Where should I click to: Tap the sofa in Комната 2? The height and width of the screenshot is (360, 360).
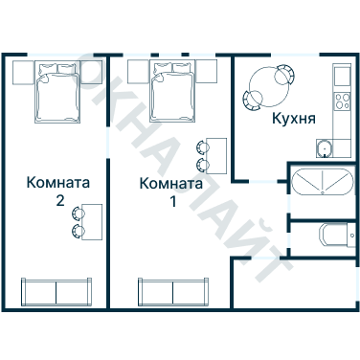pos(56,290)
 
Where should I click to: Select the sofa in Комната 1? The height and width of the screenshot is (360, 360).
pos(173,290)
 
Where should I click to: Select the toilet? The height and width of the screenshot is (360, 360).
pos(333,236)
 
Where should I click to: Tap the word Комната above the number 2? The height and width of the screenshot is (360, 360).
pos(59,183)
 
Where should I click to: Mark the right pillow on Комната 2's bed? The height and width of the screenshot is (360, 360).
pos(68,70)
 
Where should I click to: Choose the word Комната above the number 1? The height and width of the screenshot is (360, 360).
pos(171,183)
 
